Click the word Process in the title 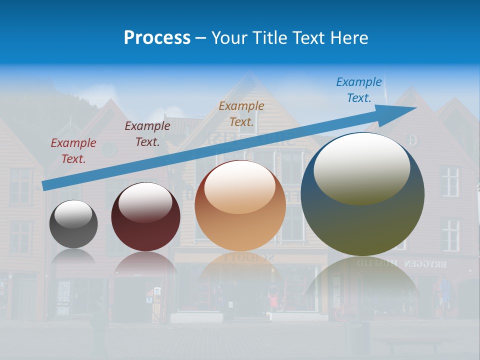(x=157, y=38)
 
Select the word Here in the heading (x=349, y=38)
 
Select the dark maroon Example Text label (x=147, y=134)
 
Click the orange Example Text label (x=241, y=113)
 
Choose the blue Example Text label (x=358, y=90)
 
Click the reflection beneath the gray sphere (x=73, y=256)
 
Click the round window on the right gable (x=410, y=139)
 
